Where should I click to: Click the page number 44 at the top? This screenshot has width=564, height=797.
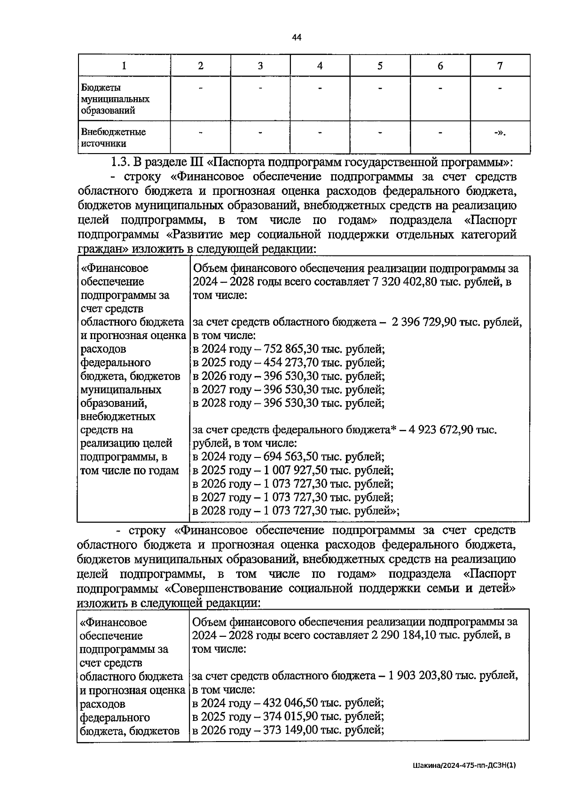[296, 38]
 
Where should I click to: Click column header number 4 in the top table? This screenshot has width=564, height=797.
[320, 66]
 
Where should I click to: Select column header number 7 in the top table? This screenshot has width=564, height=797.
[500, 66]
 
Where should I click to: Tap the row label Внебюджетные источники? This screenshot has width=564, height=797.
[113, 138]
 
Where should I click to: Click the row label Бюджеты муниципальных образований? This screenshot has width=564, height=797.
[115, 99]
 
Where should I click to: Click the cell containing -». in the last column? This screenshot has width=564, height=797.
[500, 132]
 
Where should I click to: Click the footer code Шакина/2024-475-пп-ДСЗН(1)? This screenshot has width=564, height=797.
[464, 765]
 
